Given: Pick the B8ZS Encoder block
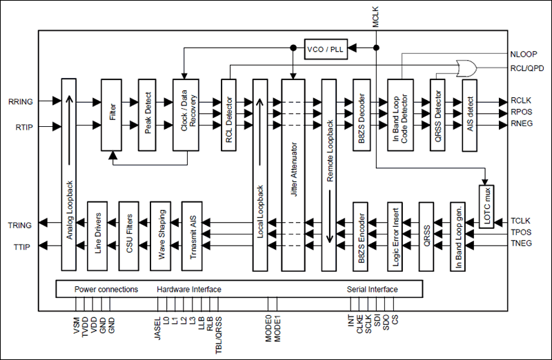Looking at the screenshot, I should [363, 237].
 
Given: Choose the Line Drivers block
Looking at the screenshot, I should [97, 237].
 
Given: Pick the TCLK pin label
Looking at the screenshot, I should [521, 219].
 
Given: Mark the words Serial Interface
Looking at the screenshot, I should [372, 289].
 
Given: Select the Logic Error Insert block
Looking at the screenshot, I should [393, 237].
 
